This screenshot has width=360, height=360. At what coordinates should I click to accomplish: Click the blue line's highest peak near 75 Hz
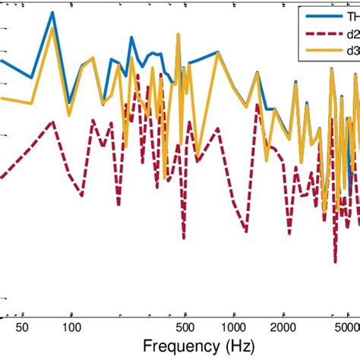coord(52,13)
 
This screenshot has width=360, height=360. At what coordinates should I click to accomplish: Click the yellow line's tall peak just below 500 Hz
coord(178,34)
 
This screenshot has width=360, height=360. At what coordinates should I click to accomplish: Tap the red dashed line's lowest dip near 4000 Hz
coord(335,261)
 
